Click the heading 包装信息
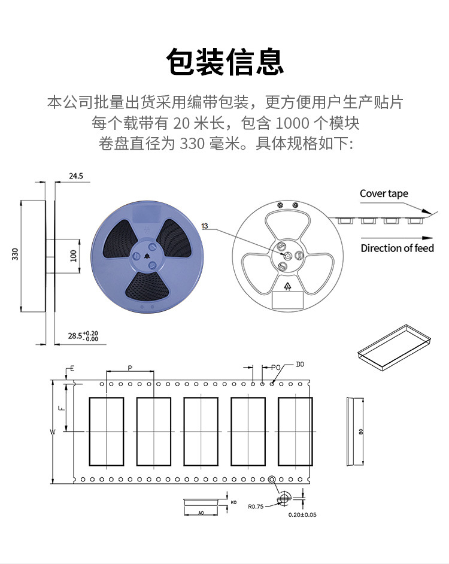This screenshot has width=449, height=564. coord(224,62)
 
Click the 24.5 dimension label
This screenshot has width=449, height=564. coord(76,177)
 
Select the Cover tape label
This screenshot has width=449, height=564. coord(384,193)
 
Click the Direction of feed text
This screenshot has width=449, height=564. coord(397,248)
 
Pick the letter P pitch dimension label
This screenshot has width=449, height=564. coord(130,367)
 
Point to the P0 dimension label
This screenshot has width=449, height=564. coord(275,366)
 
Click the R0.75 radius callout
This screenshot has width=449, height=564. coord(256,506)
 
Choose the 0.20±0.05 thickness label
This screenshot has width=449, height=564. coord(302,514)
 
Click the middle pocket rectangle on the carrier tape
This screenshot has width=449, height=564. coord(201,431)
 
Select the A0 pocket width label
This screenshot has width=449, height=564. coord(201,513)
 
